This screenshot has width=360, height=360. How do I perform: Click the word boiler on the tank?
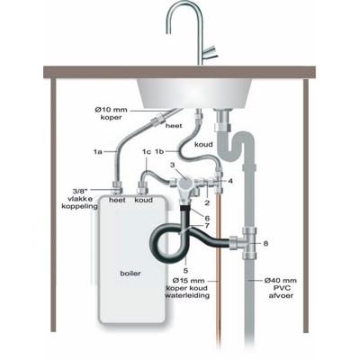tap(130, 274)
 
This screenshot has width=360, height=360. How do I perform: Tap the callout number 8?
tap(265, 244)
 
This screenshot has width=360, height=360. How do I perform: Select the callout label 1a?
tap(98, 152)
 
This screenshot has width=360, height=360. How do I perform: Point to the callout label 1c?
tap(147, 152)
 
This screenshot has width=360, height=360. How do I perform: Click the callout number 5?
tap(185, 271)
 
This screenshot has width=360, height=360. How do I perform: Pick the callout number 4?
tap(230, 181)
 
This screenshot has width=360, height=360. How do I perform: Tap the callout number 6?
tap(207, 218)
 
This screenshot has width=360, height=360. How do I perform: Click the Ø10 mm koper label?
tap(111, 113)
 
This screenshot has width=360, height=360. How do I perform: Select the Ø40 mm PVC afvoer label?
tap(281, 288)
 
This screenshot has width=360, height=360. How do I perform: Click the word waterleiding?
tap(187, 295)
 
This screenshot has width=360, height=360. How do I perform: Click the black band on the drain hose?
tap(185, 207)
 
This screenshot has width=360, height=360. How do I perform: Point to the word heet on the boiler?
tap(117, 200)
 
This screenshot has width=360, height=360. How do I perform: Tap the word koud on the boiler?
tap(143, 200)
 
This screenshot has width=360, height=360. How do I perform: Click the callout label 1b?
tap(159, 152)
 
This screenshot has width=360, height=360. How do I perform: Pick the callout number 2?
tap(207, 202)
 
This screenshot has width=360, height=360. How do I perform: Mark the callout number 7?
tap(207, 225)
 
